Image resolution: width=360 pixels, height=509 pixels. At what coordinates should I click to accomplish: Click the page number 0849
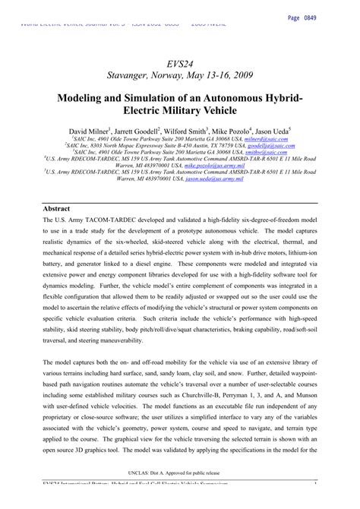337,17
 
